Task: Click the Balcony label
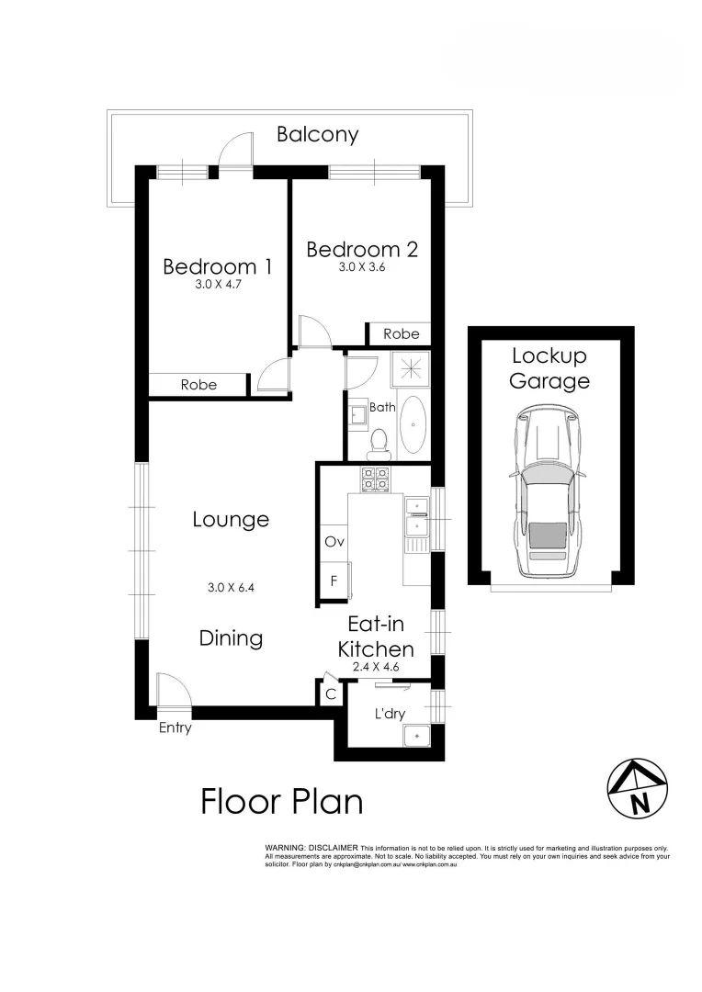[x=318, y=134]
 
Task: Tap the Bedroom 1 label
[x=218, y=266]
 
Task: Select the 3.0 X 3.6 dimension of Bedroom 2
[x=362, y=268]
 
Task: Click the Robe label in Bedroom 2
[x=402, y=333]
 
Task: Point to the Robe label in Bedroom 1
[x=198, y=385]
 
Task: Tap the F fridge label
[x=334, y=581]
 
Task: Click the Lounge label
[x=231, y=519]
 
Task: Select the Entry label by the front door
[x=175, y=728]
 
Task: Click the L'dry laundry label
[x=391, y=714]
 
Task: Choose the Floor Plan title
[x=281, y=801]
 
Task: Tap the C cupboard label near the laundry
[x=330, y=695]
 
